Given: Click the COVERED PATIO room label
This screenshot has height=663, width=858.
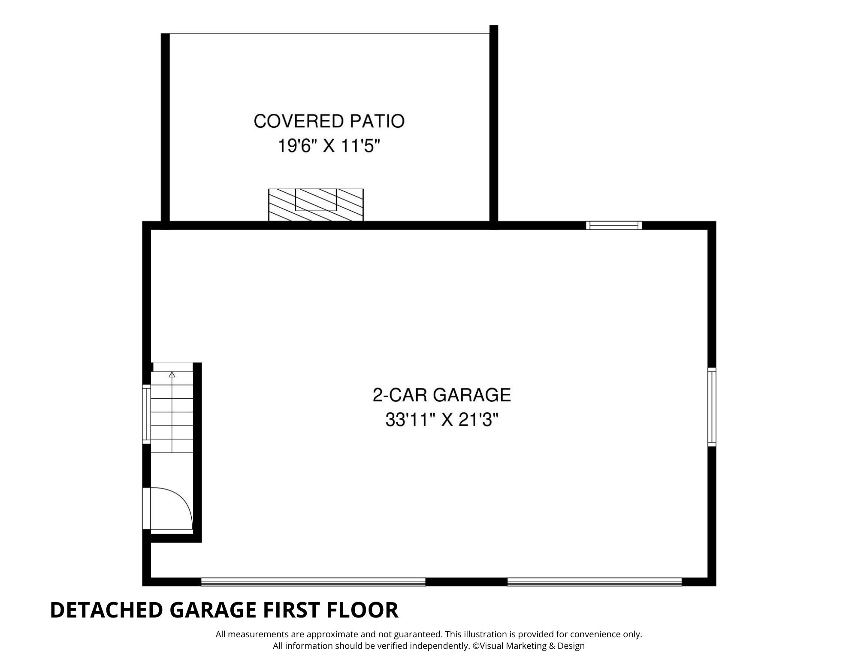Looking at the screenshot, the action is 329,121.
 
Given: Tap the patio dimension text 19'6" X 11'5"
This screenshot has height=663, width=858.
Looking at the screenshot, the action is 329,147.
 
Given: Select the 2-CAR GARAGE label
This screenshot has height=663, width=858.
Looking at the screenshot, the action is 442,395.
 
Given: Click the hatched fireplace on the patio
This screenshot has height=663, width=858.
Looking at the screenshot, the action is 316,205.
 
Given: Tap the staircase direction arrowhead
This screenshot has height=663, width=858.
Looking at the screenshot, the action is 172,375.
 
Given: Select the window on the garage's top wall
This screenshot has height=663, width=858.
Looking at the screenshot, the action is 614,225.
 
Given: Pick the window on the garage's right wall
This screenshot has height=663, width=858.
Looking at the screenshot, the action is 712,407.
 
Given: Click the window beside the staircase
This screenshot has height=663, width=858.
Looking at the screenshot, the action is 147,414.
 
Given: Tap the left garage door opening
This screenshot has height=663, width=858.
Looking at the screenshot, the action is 313,582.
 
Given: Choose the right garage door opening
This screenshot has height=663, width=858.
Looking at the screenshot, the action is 595,582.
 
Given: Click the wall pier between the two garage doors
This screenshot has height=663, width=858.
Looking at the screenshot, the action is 466,582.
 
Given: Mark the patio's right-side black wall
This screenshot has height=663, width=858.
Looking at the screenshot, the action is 494,127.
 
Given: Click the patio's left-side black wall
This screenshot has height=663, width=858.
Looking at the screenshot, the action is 165,131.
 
